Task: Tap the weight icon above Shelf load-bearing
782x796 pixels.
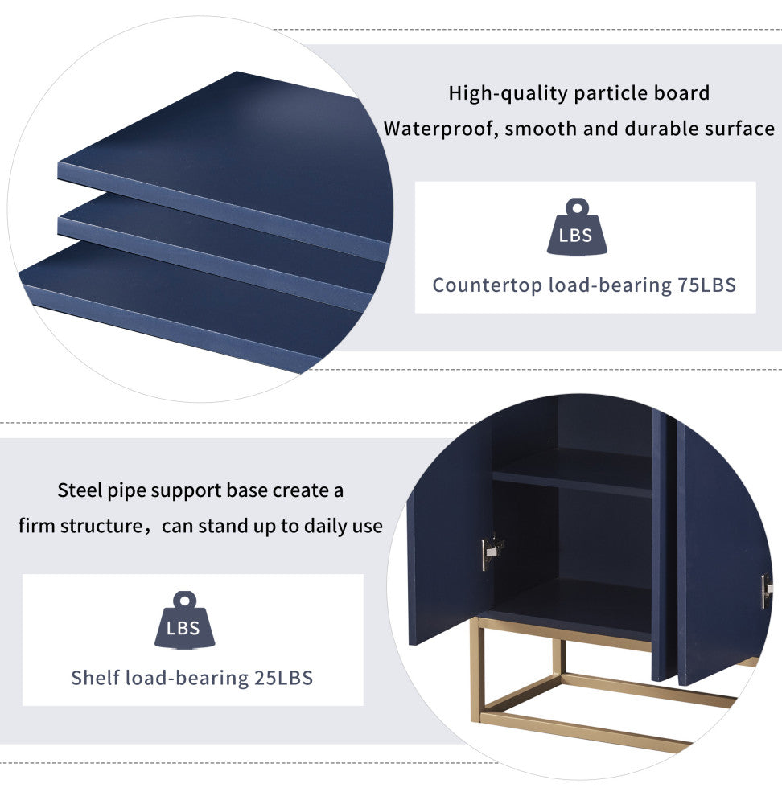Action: point(184,620)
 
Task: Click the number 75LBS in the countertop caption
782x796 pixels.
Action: point(707,285)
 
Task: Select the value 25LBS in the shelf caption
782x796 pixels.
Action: point(283,679)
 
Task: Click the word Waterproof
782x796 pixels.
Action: point(441,129)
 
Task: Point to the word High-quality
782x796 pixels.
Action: point(508,94)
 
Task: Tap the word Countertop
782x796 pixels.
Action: point(488,285)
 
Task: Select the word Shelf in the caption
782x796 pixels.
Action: point(95,679)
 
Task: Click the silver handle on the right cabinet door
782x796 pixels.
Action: point(766,592)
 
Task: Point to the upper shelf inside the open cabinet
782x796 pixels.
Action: point(572,473)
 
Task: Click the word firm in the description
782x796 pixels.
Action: point(37,527)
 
